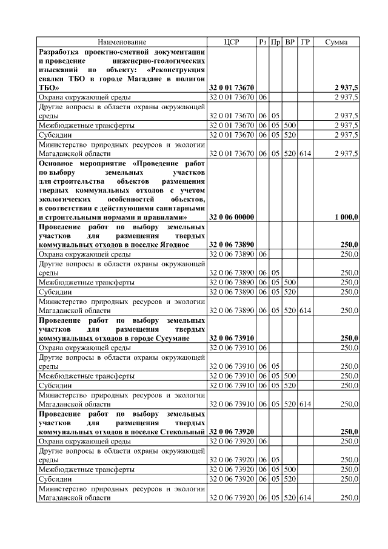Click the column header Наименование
tap(122, 42)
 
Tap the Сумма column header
tap(336, 42)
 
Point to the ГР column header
tap(306, 42)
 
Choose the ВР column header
tap(290, 42)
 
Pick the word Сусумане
tap(186, 338)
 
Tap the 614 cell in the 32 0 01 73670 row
tap(306, 154)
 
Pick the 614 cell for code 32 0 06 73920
tap(306, 497)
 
